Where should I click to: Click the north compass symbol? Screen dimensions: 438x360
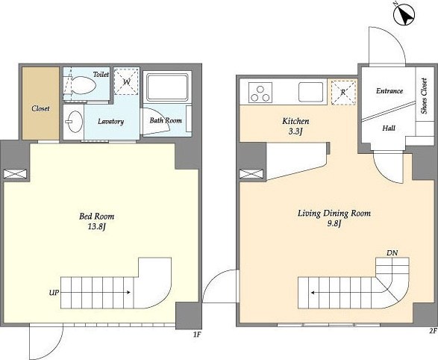coord(404,15)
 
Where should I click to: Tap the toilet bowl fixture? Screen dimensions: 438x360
coord(84,85)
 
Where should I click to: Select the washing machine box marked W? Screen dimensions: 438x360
coord(126,81)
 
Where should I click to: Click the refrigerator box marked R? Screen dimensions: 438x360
coord(343,92)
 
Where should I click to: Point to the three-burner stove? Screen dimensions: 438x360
coord(260,93)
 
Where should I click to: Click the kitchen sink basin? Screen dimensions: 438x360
coord(310,92)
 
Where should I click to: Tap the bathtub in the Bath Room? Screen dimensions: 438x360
coord(167,87)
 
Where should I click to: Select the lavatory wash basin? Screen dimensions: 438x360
coord(74,122)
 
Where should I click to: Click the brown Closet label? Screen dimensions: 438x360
coord(40,108)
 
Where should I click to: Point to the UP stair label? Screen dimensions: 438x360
coord(54,293)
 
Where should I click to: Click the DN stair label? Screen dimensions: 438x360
coord(392,253)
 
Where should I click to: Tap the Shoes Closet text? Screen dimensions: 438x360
coord(424,96)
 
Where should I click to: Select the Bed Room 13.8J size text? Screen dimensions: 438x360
coord(97,226)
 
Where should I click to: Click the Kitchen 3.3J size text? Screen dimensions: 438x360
coord(295,131)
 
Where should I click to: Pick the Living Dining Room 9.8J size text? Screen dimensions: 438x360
coord(334,223)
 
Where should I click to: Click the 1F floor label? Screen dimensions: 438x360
coord(197,335)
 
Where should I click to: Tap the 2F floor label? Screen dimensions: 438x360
coord(434,331)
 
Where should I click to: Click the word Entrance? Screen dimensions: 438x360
coord(389,91)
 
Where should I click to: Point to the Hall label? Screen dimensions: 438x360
coord(389,128)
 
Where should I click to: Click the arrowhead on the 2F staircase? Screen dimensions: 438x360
coord(313,293)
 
